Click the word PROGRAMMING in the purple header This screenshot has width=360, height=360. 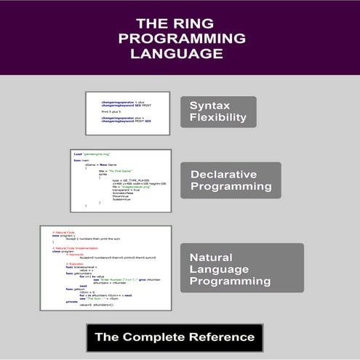(x=182, y=38)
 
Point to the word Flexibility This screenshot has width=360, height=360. (x=218, y=117)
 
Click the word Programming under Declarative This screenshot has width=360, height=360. (x=231, y=187)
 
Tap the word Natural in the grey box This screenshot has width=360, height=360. (x=212, y=257)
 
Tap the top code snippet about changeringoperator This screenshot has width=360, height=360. (x=127, y=113)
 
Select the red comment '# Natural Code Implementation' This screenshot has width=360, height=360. (x=70, y=248)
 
